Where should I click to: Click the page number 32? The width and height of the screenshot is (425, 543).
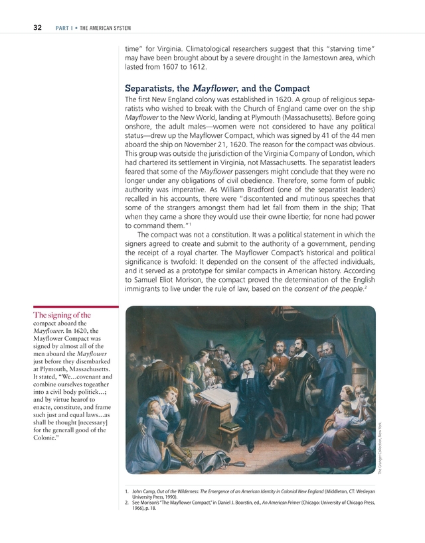(38, 27)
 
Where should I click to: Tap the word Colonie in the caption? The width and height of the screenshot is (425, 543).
(48, 438)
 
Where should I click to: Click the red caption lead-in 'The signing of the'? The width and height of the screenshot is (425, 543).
(62, 315)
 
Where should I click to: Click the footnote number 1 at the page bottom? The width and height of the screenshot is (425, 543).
(126, 491)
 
